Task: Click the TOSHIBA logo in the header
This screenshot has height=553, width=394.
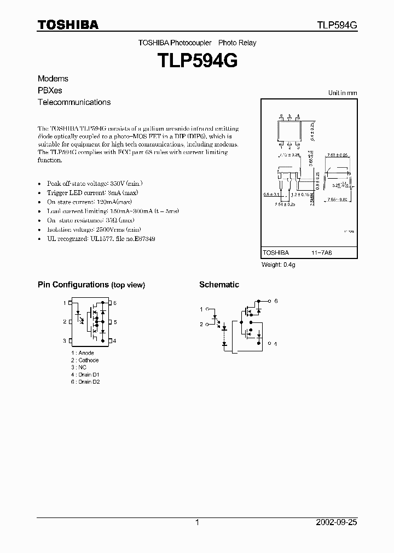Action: coord(68,25)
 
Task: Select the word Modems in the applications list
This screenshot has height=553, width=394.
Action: coord(53,79)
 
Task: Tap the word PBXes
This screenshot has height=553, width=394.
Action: coord(50,90)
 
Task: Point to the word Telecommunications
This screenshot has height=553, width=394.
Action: coord(74,102)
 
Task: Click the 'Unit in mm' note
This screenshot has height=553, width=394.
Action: coord(343,93)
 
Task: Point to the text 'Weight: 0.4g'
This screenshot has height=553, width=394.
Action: coord(279,265)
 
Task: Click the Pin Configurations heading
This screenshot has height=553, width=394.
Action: coord(91,285)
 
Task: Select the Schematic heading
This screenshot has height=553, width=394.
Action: coord(219,285)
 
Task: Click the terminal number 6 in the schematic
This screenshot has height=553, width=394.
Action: coord(276,301)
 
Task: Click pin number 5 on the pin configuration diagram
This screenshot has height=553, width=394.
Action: coord(115,322)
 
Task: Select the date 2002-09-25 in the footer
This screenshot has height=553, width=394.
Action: coord(337,522)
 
